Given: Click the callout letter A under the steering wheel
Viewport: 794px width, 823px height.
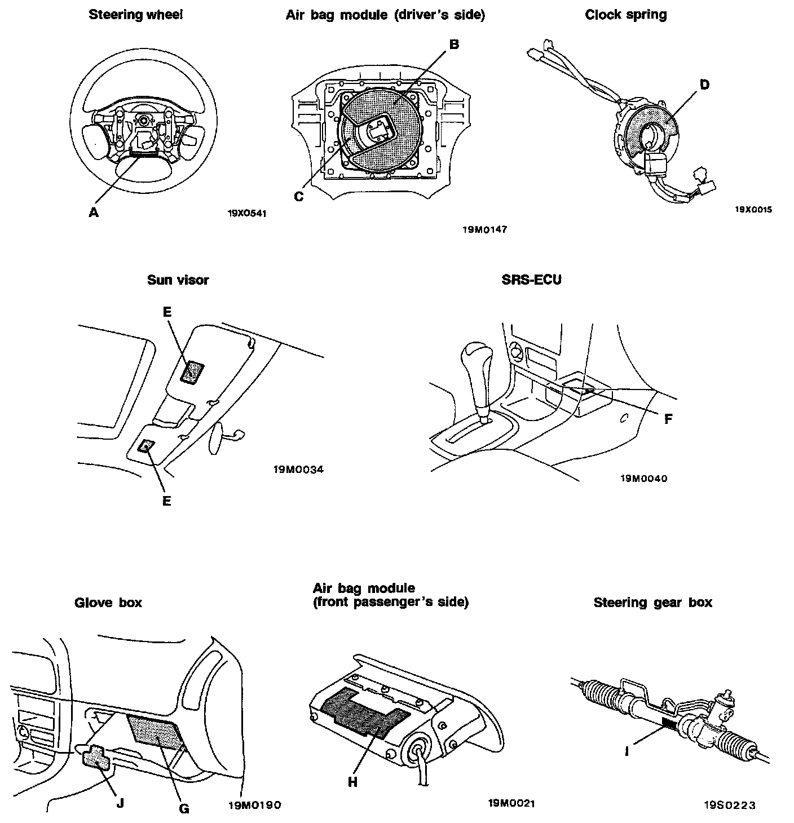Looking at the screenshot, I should pyautogui.click(x=94, y=212).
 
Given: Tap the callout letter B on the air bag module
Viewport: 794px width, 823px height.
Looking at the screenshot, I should pyautogui.click(x=453, y=45).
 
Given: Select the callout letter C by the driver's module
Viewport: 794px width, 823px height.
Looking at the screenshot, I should pyautogui.click(x=299, y=196).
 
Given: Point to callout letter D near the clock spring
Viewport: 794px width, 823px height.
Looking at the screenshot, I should pyautogui.click(x=704, y=85).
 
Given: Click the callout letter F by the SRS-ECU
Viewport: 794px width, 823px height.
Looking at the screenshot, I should pyautogui.click(x=668, y=419).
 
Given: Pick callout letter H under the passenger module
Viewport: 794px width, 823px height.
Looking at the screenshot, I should pyautogui.click(x=353, y=782).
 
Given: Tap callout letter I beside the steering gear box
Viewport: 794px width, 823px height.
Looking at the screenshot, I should pyautogui.click(x=628, y=751).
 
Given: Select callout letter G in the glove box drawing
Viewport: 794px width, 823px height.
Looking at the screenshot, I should pyautogui.click(x=184, y=808).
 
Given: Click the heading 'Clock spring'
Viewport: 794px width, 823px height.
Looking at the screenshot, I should pyautogui.click(x=625, y=15).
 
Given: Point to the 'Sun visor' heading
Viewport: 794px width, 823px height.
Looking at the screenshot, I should pyautogui.click(x=178, y=280).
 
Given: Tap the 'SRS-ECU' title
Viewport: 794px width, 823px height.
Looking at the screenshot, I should pyautogui.click(x=531, y=279).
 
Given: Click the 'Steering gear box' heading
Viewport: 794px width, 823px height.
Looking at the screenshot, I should pyautogui.click(x=652, y=603).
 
